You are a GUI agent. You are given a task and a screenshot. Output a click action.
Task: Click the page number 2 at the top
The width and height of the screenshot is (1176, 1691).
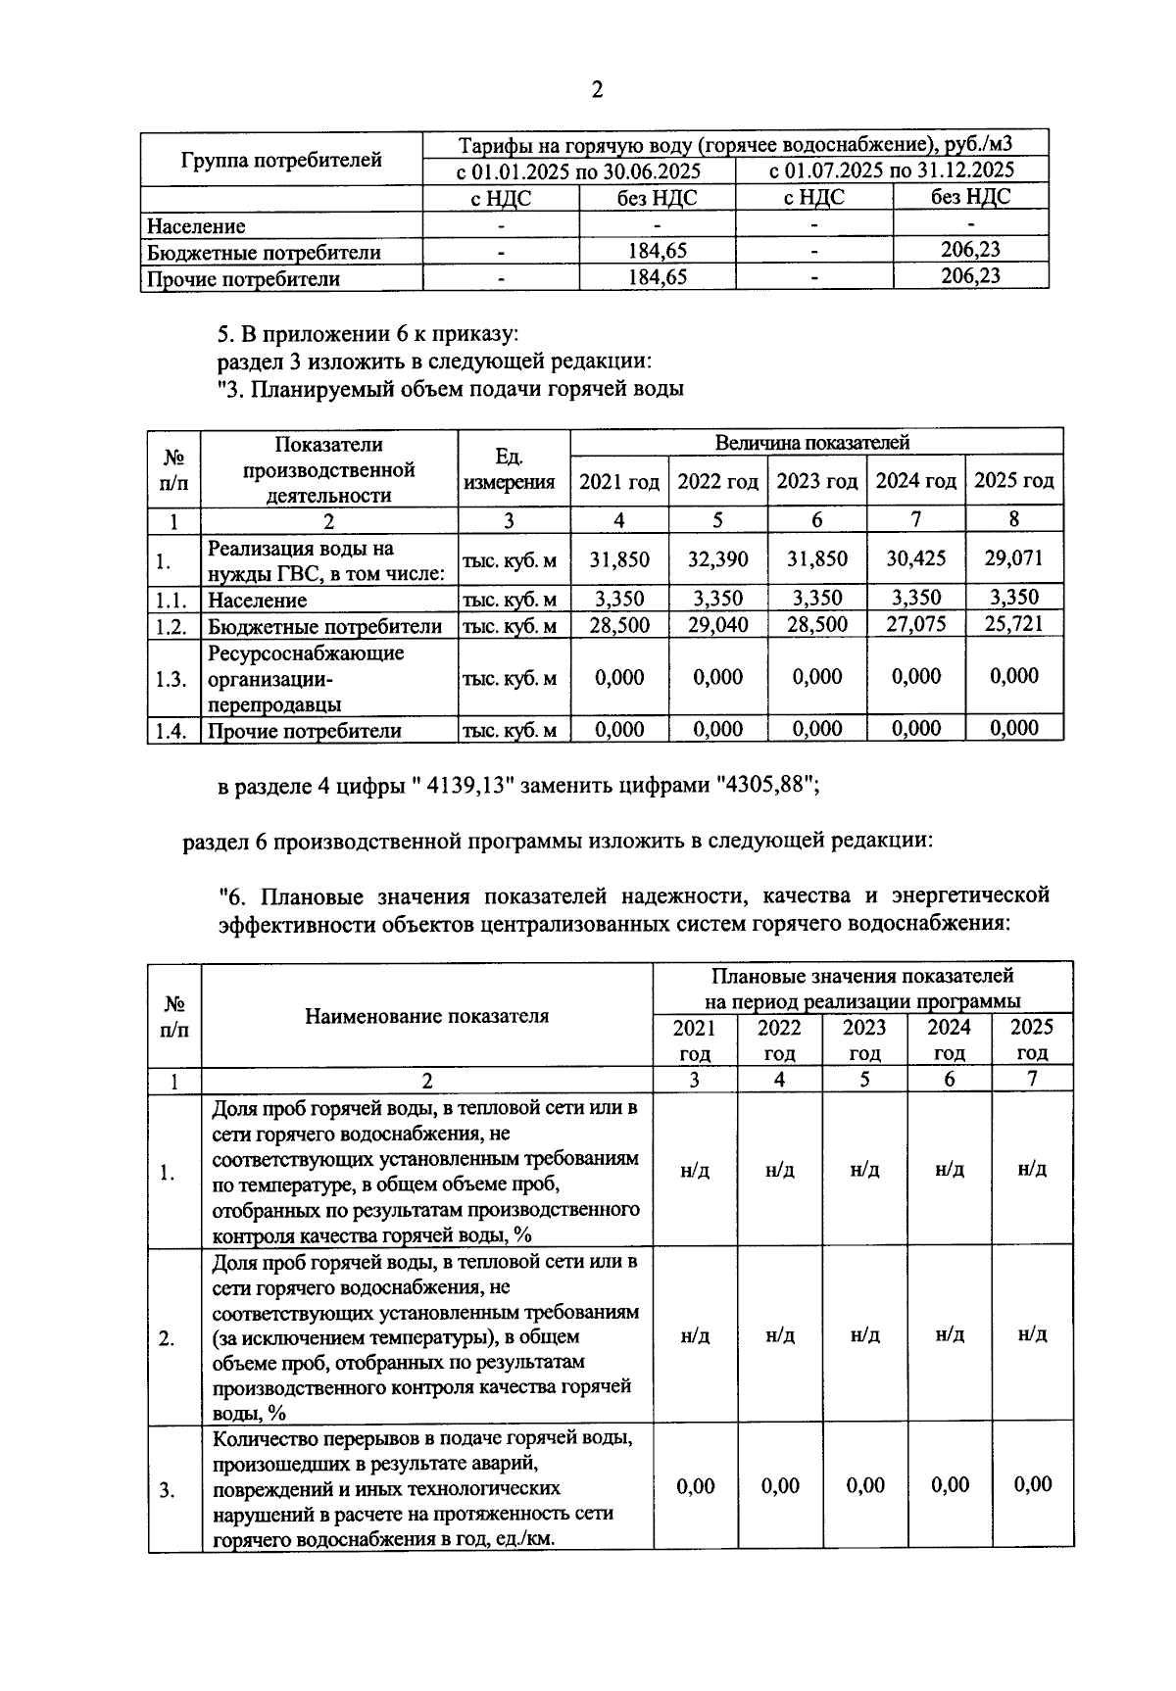tap(596, 90)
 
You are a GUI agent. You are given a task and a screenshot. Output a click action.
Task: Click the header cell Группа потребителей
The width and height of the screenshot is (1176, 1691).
tap(281, 160)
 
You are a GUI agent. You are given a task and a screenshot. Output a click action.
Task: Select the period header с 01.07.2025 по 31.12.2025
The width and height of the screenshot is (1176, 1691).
tap(891, 170)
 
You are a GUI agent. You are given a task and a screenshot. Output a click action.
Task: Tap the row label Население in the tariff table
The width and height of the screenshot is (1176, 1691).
tap(196, 226)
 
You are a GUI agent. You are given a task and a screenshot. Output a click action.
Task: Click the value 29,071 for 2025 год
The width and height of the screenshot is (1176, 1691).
tap(1013, 559)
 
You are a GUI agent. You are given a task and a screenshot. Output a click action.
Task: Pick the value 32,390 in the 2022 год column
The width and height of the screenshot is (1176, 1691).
tap(717, 559)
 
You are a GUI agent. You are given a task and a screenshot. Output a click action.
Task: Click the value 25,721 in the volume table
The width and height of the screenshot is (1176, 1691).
tap(1013, 624)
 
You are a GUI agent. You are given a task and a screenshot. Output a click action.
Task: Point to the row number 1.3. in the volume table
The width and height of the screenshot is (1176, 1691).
tap(171, 678)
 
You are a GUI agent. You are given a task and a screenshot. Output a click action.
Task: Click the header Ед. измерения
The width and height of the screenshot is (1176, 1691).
tap(510, 469)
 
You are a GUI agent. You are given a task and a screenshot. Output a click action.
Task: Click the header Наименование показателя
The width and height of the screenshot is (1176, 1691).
tap(426, 1016)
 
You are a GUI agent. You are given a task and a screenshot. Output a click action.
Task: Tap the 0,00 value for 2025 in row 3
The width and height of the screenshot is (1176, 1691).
tap(1033, 1484)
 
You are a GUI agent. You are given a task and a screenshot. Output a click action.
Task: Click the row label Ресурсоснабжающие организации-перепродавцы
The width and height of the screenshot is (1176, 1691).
tap(306, 678)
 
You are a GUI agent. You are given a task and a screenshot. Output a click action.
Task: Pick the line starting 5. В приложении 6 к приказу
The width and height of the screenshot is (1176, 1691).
tap(367, 334)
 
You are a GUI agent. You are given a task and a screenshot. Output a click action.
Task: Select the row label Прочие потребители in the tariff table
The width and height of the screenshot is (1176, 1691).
tap(243, 279)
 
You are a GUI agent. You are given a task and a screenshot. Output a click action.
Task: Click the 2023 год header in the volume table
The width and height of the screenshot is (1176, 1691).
tap(816, 481)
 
